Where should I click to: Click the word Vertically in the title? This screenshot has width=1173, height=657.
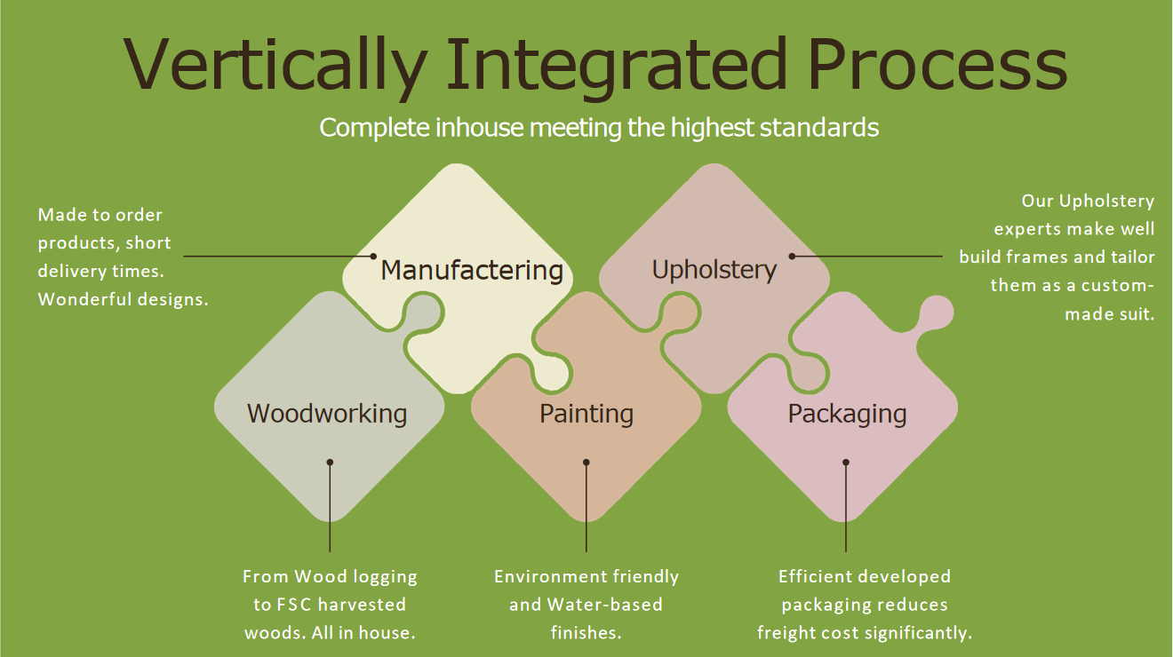click(275, 67)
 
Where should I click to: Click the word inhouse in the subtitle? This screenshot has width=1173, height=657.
click(479, 127)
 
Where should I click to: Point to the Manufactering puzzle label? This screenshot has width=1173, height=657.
click(472, 270)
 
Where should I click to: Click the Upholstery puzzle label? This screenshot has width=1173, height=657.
click(714, 271)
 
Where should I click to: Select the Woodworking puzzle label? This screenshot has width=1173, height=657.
click(327, 413)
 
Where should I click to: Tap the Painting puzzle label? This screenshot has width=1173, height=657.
click(586, 414)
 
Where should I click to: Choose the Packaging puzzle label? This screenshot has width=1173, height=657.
click(847, 414)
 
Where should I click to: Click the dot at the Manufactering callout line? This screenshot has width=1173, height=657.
click(373, 257)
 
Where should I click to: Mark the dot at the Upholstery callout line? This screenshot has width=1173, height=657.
click(793, 257)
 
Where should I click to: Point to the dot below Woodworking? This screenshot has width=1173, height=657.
click(330, 463)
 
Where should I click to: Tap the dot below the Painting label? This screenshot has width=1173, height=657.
click(586, 463)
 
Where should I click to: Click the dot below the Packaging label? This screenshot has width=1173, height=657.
click(846, 463)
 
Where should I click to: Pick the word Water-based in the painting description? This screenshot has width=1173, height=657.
click(605, 605)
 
